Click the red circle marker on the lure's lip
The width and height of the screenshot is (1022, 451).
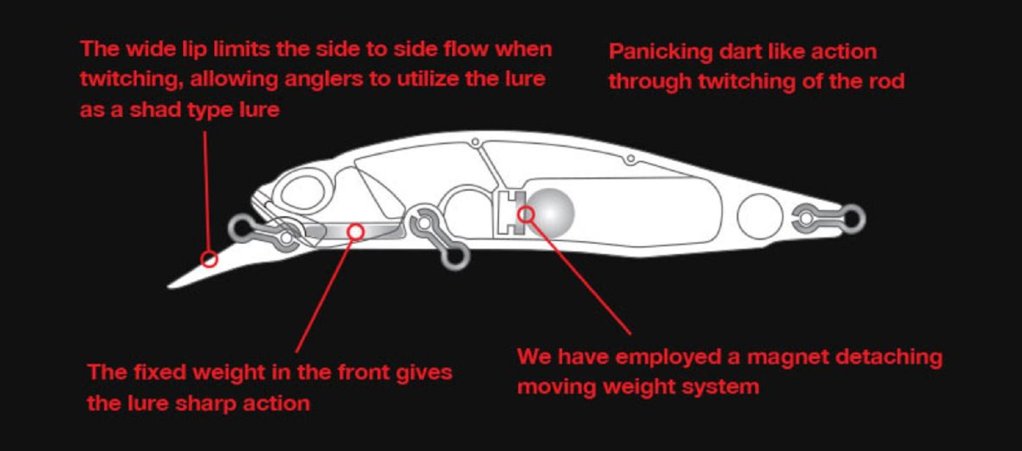208,259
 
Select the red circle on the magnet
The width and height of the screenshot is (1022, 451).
526,215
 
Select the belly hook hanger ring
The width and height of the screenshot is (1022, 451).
455,257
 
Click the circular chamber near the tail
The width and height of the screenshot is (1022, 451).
760,216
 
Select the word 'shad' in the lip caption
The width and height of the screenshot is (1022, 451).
155,110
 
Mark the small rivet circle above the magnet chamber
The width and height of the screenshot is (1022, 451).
631,159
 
